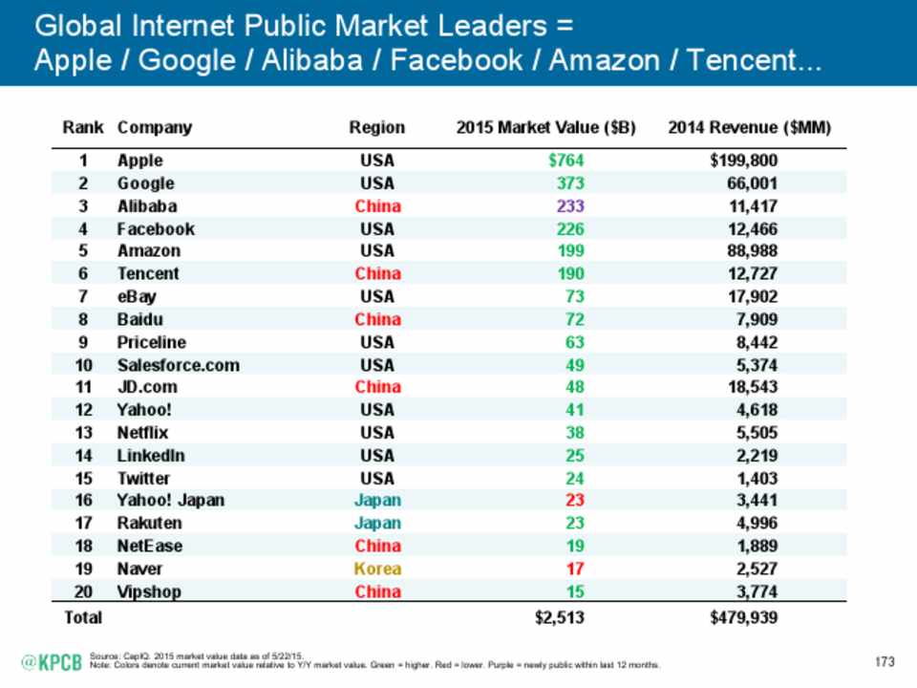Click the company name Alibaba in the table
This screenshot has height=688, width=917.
146,205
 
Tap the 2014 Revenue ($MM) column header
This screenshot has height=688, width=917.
749,127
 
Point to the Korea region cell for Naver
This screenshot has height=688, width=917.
377,569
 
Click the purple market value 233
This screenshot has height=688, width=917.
570,205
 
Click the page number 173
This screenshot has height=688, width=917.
887,662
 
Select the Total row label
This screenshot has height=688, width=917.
82,617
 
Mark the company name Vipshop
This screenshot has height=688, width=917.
150,591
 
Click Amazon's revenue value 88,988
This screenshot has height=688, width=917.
750,251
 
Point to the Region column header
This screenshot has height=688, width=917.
377,127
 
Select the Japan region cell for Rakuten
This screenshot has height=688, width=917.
377,524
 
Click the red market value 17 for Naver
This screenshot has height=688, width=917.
574,569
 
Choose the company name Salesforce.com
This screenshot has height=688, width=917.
178,365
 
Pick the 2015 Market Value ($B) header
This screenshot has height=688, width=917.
546,127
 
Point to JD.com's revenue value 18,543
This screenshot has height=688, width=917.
750,387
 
